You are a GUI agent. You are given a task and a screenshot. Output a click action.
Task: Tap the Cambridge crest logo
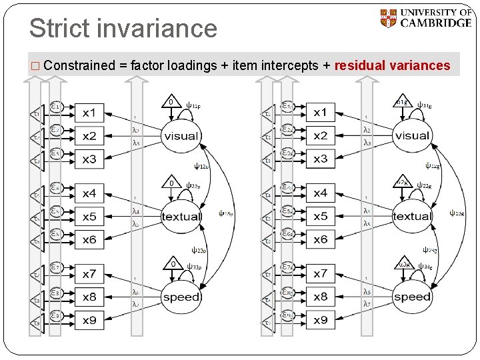[387, 18]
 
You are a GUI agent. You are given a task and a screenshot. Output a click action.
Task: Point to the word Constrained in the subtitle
[79, 65]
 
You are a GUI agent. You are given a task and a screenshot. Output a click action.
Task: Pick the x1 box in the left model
[89, 112]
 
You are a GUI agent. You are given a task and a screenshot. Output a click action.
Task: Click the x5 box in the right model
[321, 216]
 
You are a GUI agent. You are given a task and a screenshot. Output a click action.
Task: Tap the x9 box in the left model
[89, 320]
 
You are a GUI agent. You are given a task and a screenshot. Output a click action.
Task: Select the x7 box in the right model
[321, 273]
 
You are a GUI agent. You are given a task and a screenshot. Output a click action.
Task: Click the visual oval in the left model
[181, 135]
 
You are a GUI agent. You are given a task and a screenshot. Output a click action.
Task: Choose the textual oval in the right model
[412, 216]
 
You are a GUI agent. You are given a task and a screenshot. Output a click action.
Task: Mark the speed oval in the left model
[181, 297]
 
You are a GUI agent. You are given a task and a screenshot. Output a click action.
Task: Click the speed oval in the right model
[412, 297]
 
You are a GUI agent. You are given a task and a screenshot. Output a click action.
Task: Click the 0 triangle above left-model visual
[171, 103]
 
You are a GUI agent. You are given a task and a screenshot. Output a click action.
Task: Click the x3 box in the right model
[321, 159]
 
